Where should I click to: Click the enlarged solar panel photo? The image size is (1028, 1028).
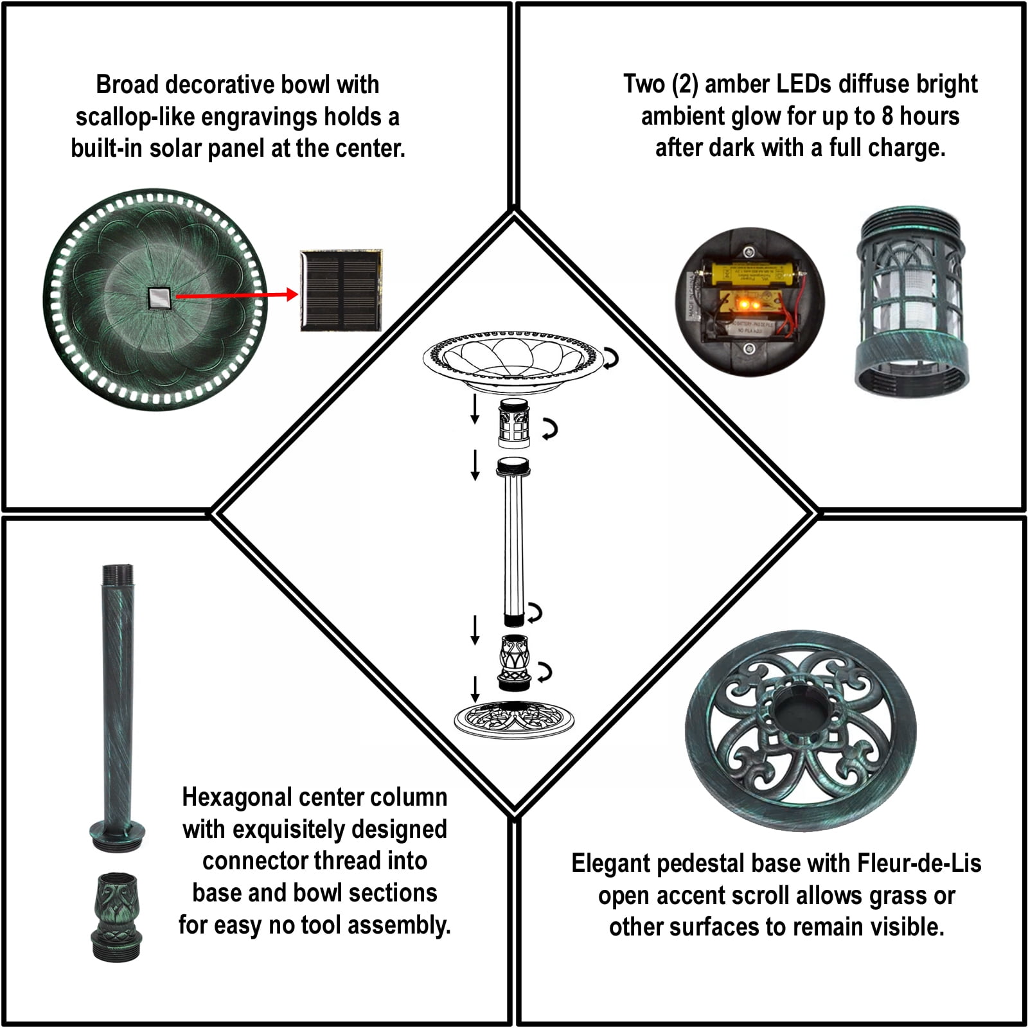coord(341,290)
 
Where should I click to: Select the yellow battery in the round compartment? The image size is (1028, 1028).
coord(753,272)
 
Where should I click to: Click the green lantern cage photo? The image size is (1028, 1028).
coord(912,300)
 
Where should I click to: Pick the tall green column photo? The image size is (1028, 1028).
coord(117,707)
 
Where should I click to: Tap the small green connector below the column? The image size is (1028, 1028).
coord(116,917)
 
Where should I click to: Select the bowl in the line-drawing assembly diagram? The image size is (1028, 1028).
coord(513,360)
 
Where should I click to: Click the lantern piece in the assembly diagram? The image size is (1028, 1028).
coord(514,423)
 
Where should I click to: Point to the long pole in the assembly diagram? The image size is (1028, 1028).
coord(513,541)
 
